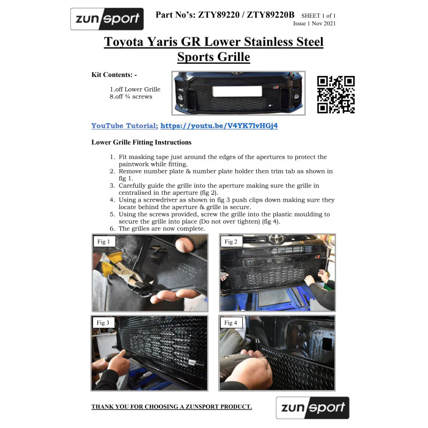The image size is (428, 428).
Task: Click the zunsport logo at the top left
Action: (107, 19)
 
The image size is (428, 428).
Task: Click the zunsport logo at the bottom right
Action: (312, 408)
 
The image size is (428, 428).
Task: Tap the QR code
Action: (336, 95)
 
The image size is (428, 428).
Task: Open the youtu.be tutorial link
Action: (219, 126)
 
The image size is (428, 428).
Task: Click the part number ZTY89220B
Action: (271, 15)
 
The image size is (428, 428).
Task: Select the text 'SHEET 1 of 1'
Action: (318, 16)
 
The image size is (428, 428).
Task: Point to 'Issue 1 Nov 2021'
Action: (314, 24)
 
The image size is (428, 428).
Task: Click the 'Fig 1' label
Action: (104, 242)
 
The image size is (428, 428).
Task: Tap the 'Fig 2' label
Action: (231, 242)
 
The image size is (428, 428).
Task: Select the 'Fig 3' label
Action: (103, 323)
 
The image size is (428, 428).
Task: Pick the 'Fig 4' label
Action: (231, 323)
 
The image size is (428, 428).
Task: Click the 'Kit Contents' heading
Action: (114, 75)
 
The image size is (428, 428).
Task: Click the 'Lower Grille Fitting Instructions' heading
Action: (141, 142)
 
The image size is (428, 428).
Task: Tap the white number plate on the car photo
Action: (237, 91)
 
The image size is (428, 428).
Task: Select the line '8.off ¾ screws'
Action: (131, 97)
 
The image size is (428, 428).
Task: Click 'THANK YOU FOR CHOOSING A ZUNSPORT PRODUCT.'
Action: (172, 407)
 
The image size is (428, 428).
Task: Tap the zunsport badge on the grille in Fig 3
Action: (196, 363)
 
